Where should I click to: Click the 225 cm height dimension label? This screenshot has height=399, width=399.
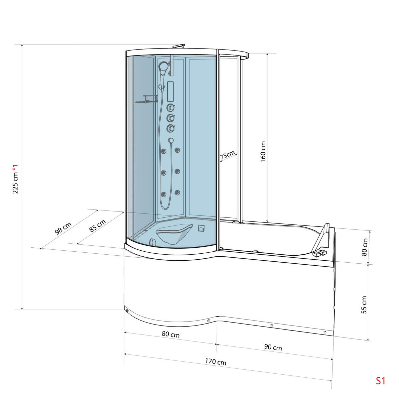(x=15, y=179)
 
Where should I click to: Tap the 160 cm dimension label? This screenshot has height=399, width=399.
(x=263, y=152)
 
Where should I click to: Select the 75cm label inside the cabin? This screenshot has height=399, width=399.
(x=227, y=155)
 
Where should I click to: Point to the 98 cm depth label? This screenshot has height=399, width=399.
(x=64, y=228)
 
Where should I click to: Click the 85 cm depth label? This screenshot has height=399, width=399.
(x=97, y=226)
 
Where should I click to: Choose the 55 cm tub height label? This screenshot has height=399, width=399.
(x=364, y=305)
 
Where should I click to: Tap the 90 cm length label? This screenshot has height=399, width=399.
(x=273, y=347)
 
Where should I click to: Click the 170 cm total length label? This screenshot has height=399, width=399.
(x=215, y=361)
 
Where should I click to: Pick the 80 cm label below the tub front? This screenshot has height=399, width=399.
(x=171, y=334)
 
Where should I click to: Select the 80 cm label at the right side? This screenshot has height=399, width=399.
(x=365, y=247)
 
